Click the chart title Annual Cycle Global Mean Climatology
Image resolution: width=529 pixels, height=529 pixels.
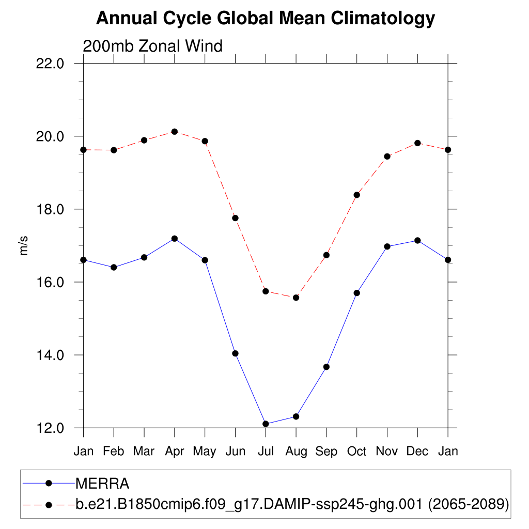[x=266, y=19]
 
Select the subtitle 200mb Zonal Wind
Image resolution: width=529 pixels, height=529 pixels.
[x=152, y=46]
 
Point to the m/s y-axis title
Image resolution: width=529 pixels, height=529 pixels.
[x=24, y=245]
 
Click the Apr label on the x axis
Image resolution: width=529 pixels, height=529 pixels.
[x=175, y=452]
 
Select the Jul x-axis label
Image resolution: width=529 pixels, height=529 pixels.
[x=266, y=452]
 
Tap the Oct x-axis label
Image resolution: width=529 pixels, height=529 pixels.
[x=356, y=452]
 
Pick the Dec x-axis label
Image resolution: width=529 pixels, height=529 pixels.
[x=417, y=452]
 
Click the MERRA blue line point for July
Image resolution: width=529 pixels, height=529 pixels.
[x=266, y=424]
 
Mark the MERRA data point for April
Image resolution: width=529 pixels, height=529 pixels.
[x=175, y=239]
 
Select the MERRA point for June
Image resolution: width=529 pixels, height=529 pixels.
[x=235, y=353]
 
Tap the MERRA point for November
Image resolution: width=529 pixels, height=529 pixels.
[x=387, y=246]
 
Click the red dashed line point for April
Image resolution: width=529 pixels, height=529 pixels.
[x=175, y=132]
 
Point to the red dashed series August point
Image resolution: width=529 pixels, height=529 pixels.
[x=296, y=298]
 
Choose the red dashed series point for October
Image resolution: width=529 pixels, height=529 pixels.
[x=356, y=195]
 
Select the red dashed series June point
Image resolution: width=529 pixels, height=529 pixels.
[x=235, y=218]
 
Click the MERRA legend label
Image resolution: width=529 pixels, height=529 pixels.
[x=102, y=484]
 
